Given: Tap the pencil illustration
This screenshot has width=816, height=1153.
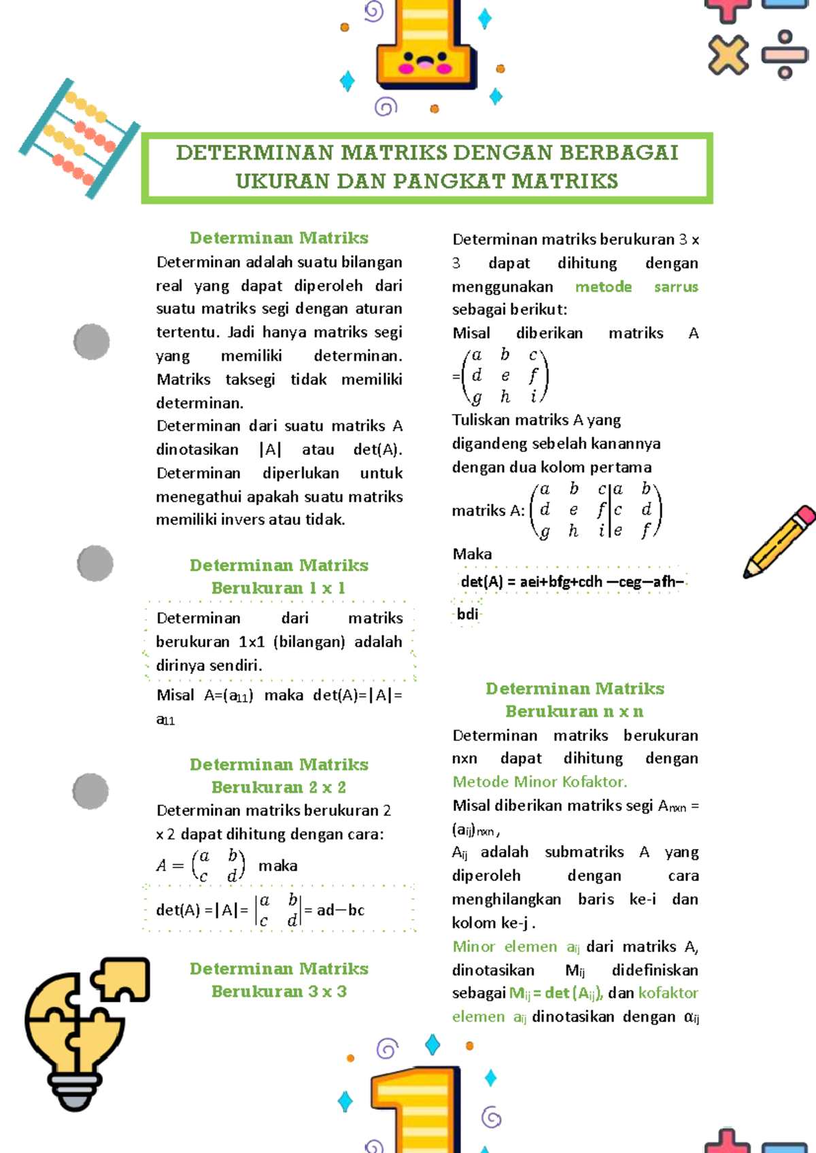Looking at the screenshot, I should [x=779, y=542].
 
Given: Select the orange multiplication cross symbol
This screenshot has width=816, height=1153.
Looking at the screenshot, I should [x=728, y=55].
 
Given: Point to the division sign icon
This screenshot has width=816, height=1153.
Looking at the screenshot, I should [x=784, y=54].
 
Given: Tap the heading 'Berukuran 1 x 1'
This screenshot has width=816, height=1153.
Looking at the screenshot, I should [x=278, y=588].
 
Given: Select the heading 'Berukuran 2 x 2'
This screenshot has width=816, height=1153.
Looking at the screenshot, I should [x=278, y=787].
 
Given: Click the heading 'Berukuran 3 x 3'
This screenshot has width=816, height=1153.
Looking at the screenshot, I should [x=278, y=991].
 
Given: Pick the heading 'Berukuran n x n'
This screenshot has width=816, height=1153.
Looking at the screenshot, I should [x=574, y=711].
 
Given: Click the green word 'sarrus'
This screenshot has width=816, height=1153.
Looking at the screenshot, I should [x=675, y=287].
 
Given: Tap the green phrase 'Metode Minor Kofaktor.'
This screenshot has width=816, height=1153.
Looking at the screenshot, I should [x=540, y=782].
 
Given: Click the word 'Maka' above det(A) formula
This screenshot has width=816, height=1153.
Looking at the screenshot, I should [x=472, y=554].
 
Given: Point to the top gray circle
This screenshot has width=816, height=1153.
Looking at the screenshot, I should [x=92, y=341].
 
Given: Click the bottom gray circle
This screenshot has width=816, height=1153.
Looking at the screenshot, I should [x=90, y=791].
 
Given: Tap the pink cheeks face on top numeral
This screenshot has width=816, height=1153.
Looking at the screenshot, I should [x=426, y=64].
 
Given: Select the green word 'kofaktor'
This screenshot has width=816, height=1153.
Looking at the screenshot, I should [x=668, y=993].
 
